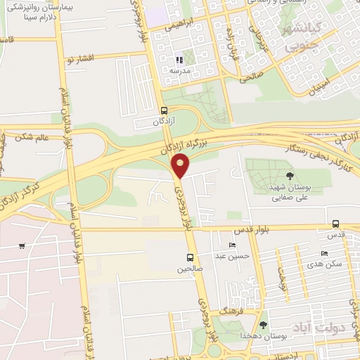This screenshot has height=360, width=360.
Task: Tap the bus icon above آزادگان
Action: [x=165, y=110]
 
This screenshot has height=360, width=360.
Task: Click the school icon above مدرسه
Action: [x=179, y=60]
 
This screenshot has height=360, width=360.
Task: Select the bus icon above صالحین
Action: [x=190, y=257]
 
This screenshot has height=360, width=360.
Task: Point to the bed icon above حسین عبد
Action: [x=232, y=245]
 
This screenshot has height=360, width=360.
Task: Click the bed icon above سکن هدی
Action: [x=323, y=253]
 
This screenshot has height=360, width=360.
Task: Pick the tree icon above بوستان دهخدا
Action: [x=263, y=325]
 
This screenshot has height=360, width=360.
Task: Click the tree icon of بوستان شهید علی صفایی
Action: [x=290, y=176]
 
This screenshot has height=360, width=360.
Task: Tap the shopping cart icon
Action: [x=22, y=245]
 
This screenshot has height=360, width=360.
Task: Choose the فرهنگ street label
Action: [x=230, y=310]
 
